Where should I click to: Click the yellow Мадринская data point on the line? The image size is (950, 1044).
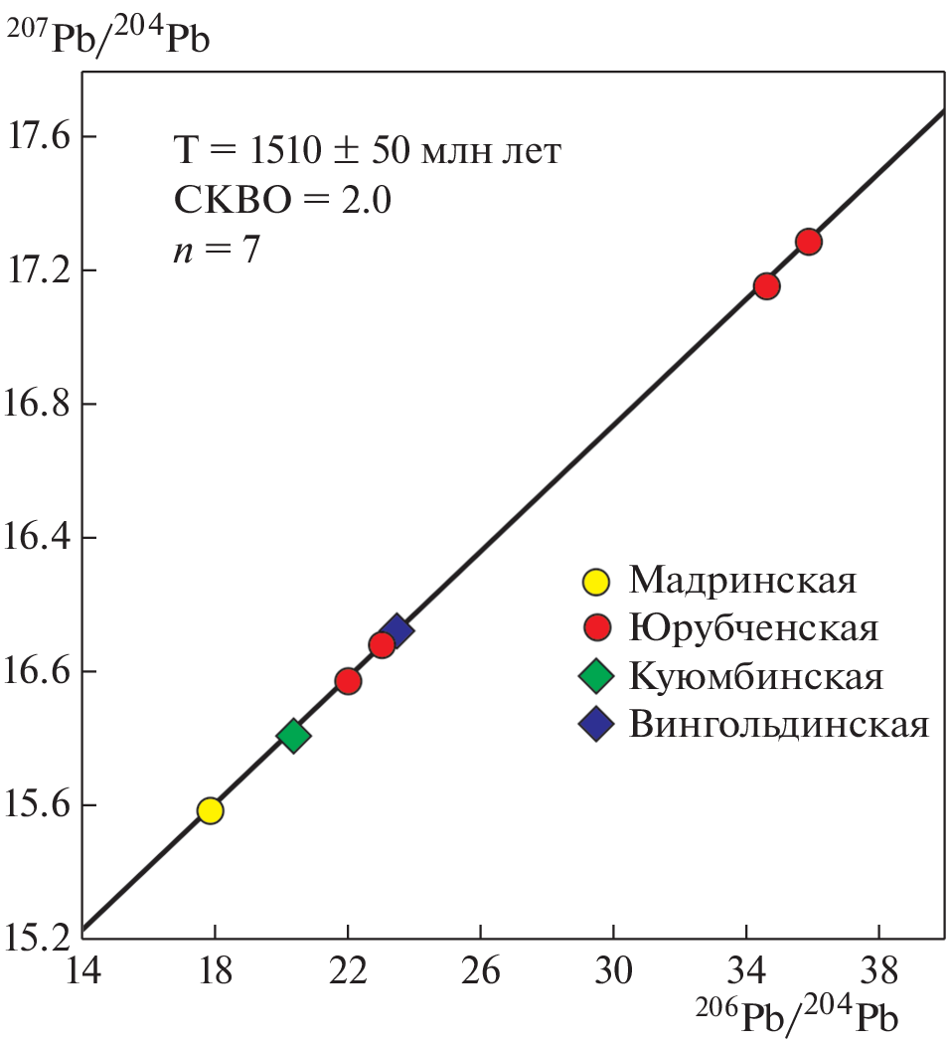point(210,810)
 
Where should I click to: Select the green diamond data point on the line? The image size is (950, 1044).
point(293,736)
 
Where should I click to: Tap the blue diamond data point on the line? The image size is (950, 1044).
point(396,629)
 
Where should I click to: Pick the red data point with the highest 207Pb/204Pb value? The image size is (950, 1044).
point(808,242)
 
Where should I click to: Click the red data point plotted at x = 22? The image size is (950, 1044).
point(348,681)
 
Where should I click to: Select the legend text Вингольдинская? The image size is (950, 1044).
point(778,725)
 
